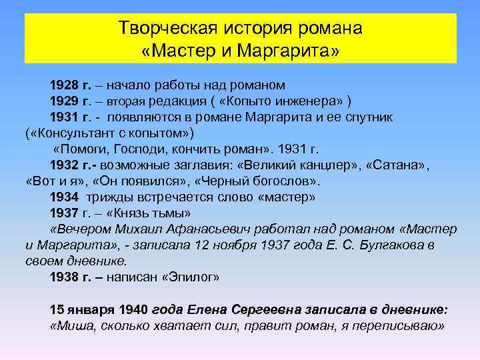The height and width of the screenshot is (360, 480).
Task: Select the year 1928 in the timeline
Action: pyautogui.click(x=64, y=85)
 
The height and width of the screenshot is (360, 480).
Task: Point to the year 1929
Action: pyautogui.click(x=64, y=101)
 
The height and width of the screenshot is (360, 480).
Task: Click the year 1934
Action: pyautogui.click(x=64, y=197)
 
